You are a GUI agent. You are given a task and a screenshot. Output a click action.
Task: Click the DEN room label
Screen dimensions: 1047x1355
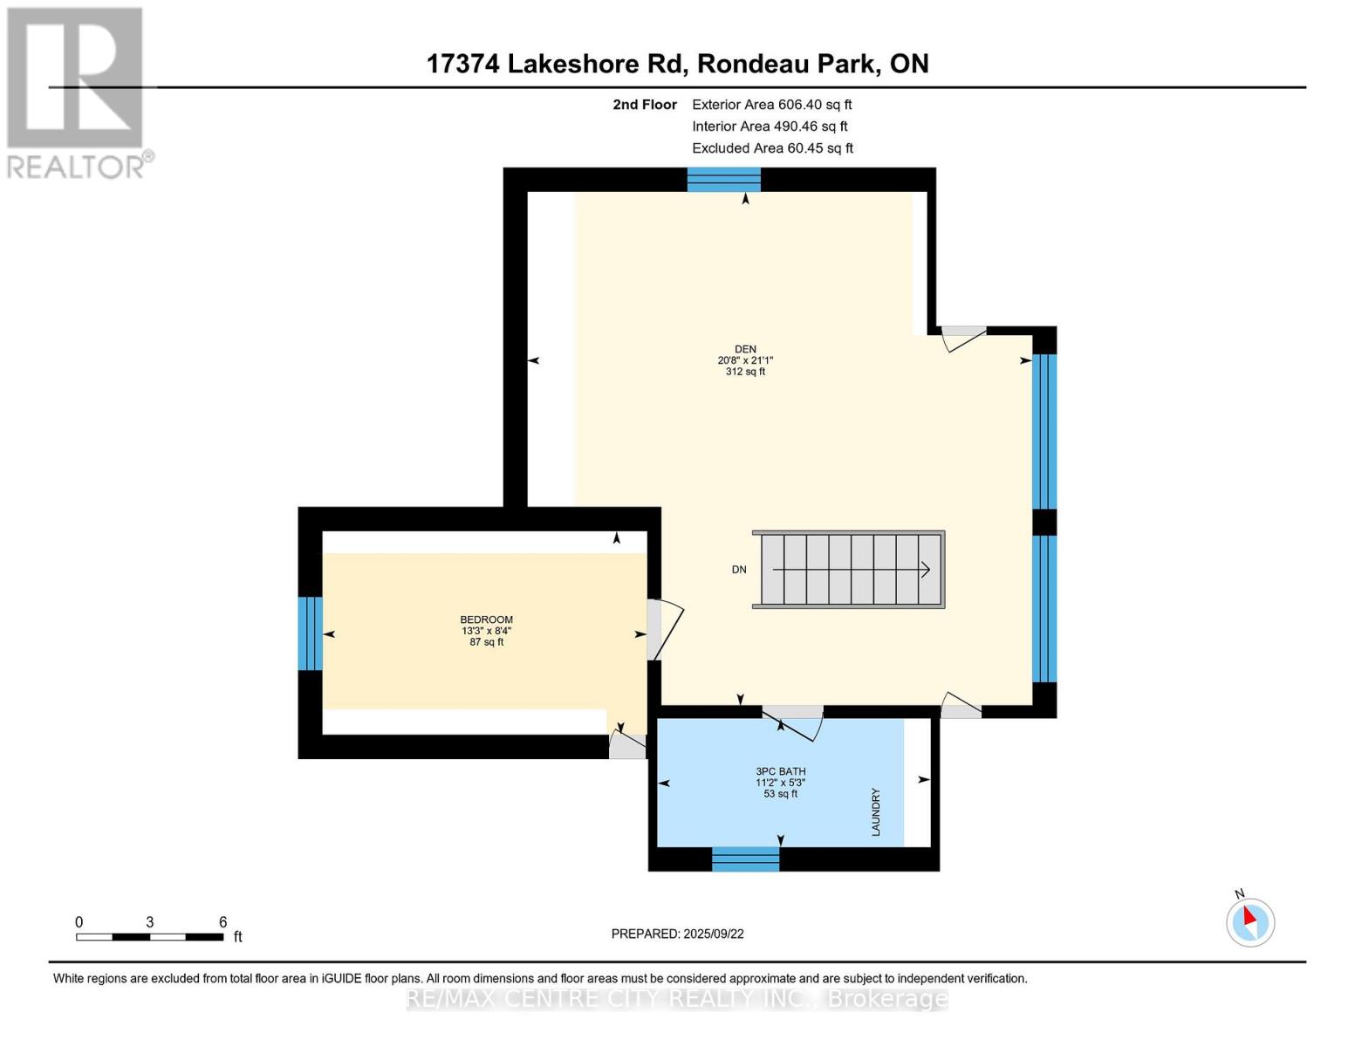[745, 349]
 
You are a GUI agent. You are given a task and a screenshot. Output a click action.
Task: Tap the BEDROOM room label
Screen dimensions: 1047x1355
[486, 619]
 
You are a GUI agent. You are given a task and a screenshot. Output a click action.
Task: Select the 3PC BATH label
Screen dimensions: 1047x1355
[780, 771]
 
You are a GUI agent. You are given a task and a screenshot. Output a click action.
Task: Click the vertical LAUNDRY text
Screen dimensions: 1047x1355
[875, 812]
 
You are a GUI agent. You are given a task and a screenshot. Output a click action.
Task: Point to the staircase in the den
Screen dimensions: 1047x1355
[848, 570]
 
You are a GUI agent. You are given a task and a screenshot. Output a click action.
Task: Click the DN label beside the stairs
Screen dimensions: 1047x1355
[739, 570]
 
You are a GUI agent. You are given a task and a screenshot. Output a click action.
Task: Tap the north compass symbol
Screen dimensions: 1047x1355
[1250, 920]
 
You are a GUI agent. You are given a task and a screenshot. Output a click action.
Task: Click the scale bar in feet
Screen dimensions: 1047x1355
[149, 937]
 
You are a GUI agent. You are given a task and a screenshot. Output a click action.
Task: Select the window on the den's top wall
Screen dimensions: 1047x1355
[723, 180]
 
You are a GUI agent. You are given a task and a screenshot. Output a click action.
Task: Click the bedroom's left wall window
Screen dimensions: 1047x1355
[311, 633]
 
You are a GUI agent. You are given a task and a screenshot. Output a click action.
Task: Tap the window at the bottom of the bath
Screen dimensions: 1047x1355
[745, 859]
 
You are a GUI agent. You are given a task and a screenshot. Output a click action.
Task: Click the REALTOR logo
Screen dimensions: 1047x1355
[77, 92]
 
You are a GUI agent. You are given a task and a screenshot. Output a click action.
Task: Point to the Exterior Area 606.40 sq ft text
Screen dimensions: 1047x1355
[771, 105]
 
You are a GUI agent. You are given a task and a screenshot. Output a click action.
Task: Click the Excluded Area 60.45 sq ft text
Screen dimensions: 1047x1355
[772, 148]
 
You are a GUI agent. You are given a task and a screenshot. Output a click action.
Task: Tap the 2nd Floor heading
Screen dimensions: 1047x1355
[645, 105]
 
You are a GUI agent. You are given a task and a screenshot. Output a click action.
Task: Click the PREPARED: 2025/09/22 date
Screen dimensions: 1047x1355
[677, 934]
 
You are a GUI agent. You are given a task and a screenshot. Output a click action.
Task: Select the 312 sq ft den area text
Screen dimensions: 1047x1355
[745, 372]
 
